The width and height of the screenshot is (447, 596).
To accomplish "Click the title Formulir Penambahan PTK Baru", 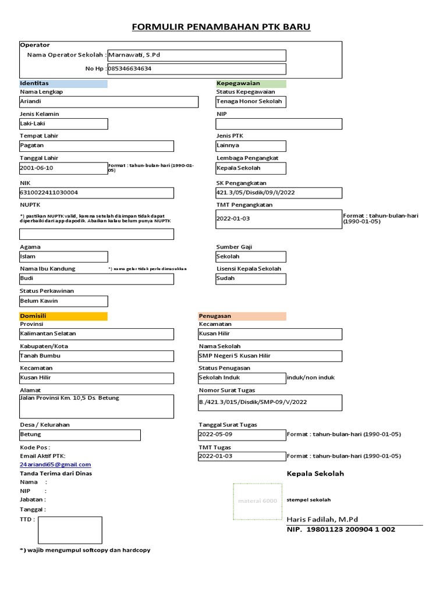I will (x=221, y=27).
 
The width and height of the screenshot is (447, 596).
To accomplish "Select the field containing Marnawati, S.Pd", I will (x=197, y=55).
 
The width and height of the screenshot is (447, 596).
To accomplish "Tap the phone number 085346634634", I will (x=197, y=69).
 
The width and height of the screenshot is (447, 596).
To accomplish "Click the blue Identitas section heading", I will (x=63, y=83).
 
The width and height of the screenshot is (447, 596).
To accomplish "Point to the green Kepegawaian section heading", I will (x=251, y=83).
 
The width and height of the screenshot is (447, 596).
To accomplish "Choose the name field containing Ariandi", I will (x=109, y=102).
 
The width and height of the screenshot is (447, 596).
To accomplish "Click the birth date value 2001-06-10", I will (x=63, y=168).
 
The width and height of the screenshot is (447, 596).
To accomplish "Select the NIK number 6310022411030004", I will (x=97, y=193).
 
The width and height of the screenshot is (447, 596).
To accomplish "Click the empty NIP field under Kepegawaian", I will (x=279, y=123).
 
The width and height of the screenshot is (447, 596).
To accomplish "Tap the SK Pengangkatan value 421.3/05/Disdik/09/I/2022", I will (x=279, y=193).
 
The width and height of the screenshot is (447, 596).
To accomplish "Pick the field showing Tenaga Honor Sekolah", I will (x=251, y=102).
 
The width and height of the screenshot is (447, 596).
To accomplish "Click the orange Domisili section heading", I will (x=63, y=316).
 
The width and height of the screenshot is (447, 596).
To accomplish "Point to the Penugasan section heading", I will (x=242, y=316).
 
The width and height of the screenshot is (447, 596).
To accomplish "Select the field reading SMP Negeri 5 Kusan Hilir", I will (x=270, y=356).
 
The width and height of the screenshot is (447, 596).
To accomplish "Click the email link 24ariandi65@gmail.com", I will (x=56, y=464).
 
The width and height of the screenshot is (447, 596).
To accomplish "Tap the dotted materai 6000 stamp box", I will (x=257, y=501).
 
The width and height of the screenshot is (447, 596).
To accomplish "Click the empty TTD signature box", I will (x=70, y=530).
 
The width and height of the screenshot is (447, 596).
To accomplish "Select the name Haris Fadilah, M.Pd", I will (x=322, y=519).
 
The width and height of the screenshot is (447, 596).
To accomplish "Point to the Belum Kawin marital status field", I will (x=63, y=301).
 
